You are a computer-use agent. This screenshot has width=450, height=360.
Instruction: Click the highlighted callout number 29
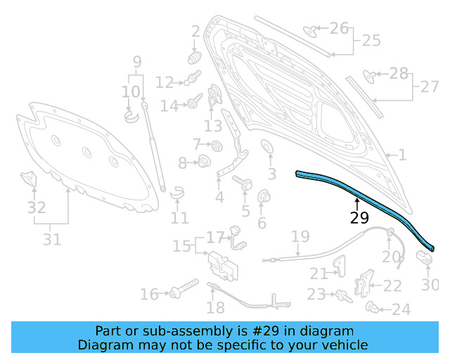(x=359, y=218)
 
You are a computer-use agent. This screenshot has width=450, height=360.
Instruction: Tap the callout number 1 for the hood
(x=401, y=155)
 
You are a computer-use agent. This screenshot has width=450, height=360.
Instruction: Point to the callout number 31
(x=51, y=239)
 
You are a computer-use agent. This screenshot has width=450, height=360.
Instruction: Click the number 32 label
(x=37, y=207)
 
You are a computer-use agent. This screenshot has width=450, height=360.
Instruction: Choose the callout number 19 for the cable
(x=300, y=236)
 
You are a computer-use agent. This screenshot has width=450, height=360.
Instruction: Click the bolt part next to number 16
(x=184, y=292)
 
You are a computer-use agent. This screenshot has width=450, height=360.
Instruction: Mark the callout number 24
(x=401, y=309)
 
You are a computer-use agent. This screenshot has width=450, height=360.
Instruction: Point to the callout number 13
(x=213, y=126)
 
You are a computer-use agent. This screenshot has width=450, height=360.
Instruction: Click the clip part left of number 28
(x=368, y=75)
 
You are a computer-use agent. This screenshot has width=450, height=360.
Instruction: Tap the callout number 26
(x=339, y=29)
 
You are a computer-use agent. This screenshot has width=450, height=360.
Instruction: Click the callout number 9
(x=137, y=62)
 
